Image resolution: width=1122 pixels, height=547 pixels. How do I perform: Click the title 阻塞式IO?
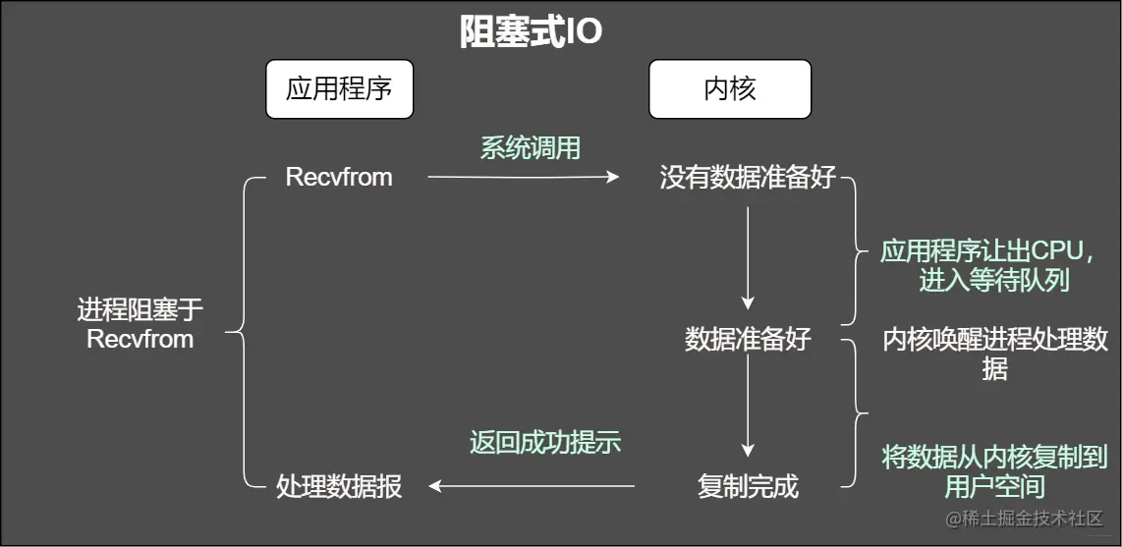[531, 32]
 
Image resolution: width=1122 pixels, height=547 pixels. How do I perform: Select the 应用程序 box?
[339, 89]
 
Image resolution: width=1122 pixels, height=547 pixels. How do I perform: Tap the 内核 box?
[729, 89]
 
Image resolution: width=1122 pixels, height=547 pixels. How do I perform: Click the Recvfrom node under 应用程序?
[339, 177]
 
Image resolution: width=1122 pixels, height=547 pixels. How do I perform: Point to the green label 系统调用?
[530, 147]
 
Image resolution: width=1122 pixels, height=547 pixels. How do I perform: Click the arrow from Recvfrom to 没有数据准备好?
[523, 177]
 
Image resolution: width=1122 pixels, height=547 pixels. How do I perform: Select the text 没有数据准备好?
[748, 178]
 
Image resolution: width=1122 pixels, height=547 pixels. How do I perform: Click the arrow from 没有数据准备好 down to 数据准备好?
[748, 255]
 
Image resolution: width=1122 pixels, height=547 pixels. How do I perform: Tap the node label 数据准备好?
[748, 339]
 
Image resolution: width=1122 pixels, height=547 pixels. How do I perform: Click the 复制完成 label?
[748, 485]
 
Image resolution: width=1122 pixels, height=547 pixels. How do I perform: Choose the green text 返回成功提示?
[545, 442]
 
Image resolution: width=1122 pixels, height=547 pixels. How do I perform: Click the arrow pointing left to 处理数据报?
[532, 485]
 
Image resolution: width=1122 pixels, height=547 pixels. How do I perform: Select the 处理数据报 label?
[339, 485]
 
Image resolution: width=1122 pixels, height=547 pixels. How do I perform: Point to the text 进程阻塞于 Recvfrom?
[140, 325]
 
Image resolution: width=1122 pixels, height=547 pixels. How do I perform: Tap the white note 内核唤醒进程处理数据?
[994, 354]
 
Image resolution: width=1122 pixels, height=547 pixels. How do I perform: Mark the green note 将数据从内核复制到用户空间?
[994, 470]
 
